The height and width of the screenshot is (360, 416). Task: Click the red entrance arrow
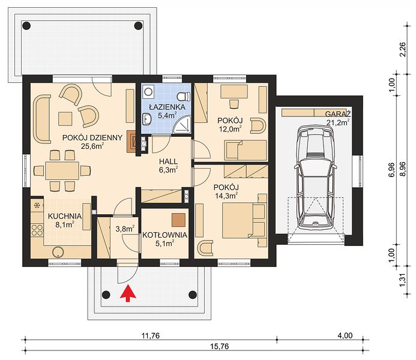pyautogui.click(x=128, y=293)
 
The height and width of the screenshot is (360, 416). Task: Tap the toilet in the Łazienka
pyautogui.click(x=184, y=95)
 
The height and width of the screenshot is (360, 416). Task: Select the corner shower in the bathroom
pyautogui.click(x=182, y=125)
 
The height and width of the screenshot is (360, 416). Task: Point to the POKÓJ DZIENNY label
pyautogui.click(x=92, y=137)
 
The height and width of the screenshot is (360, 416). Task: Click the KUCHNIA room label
pyautogui.click(x=65, y=216)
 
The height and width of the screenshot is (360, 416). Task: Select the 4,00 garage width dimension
pyautogui.click(x=345, y=335)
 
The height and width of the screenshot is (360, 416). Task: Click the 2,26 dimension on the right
pyautogui.click(x=403, y=49)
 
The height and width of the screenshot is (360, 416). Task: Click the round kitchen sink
pyautogui.click(x=58, y=252)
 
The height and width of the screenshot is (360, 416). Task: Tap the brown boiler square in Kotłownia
pyautogui.click(x=178, y=220)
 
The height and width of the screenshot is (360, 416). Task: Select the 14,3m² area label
pyautogui.click(x=226, y=196)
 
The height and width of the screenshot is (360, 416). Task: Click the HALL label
pyautogui.click(x=168, y=161)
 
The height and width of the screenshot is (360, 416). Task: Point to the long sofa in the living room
pyautogui.click(x=42, y=119)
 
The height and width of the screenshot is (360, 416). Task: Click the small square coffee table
pyautogui.click(x=65, y=118)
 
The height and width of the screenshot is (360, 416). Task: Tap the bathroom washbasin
pyautogui.click(x=146, y=118)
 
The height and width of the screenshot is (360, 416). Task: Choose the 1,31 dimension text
pyautogui.click(x=403, y=280)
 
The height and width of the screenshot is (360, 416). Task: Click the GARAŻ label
pyautogui.click(x=338, y=114)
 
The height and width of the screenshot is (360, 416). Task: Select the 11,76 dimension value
pyautogui.click(x=151, y=335)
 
